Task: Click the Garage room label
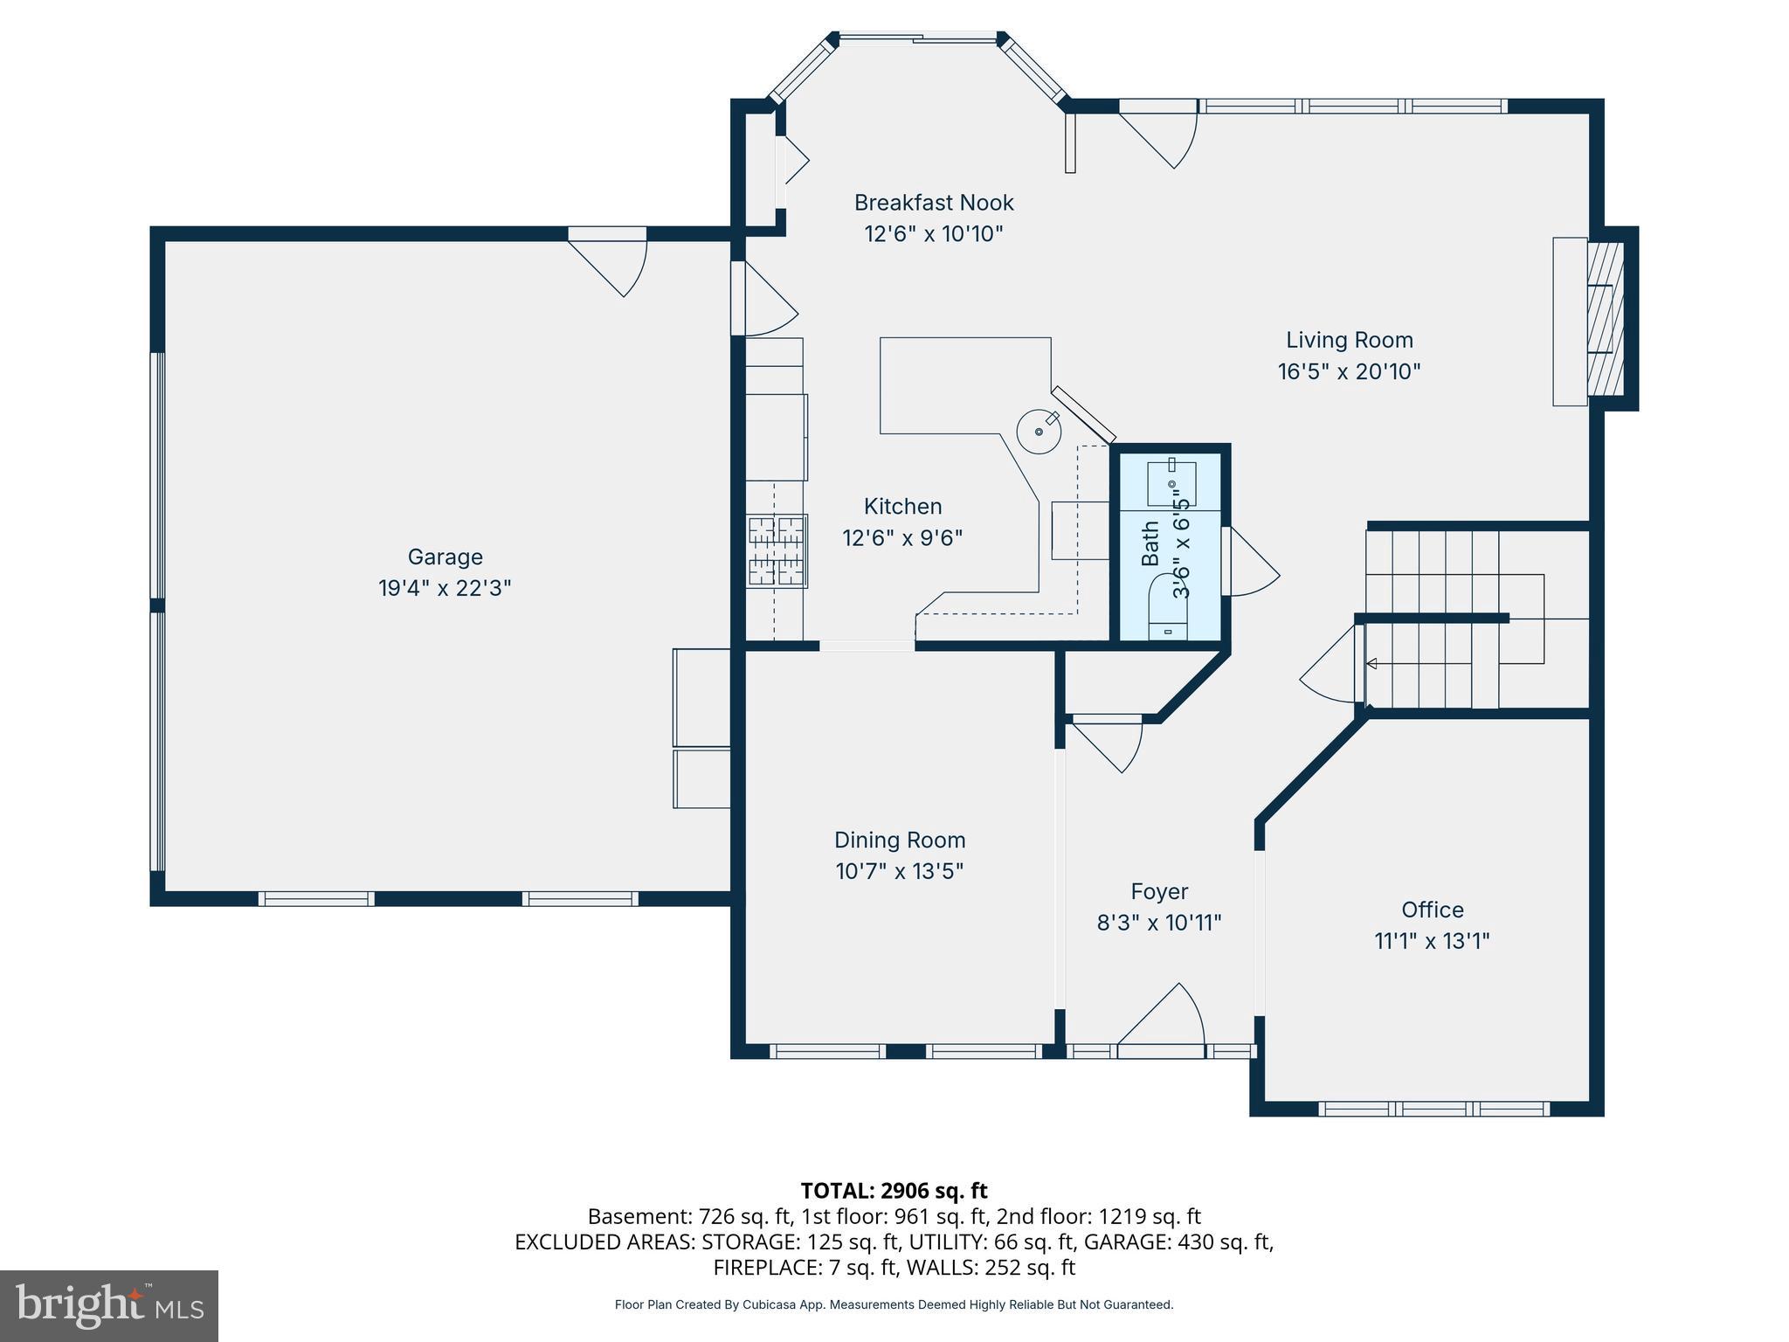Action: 445,557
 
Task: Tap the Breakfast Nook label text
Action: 933,203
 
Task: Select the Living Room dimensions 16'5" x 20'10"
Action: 1349,371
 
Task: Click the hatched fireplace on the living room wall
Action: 1605,321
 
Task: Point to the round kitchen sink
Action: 1040,432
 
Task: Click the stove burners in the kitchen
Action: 776,550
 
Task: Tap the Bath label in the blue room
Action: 1150,543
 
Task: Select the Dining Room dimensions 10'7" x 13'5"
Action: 899,871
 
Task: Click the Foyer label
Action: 1159,891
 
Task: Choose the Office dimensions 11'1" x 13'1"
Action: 1431,941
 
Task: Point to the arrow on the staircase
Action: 1372,664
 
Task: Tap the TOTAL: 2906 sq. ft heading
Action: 894,1191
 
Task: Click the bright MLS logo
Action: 109,1305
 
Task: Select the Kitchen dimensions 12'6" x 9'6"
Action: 901,537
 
